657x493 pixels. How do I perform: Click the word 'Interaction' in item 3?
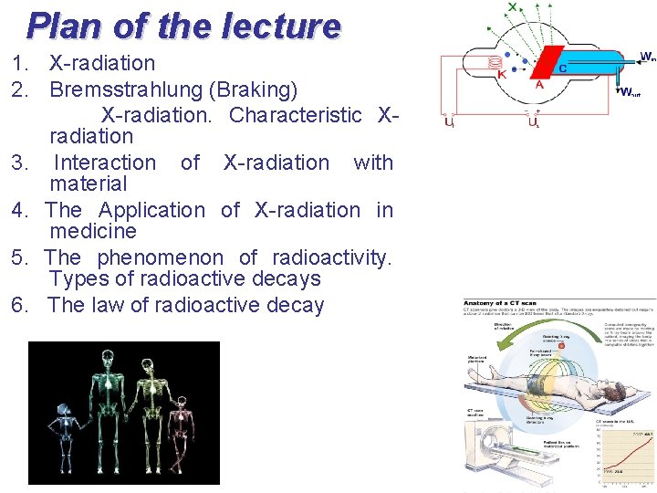point(105,163)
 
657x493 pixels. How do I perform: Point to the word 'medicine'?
point(92,232)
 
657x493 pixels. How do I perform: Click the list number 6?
point(20,305)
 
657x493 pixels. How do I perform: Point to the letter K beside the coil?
point(502,76)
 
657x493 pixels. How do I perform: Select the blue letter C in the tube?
point(562,68)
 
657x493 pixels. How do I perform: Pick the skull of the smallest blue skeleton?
point(63,405)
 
